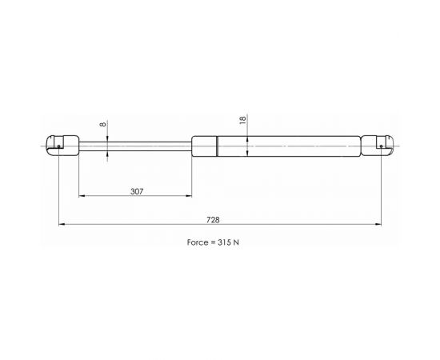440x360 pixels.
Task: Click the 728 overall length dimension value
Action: tap(213, 220)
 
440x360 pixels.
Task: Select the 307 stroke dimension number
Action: tap(137, 192)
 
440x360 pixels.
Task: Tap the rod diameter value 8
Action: tap(103, 124)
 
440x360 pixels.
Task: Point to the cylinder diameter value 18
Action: tap(242, 120)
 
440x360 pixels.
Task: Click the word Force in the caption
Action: tap(198, 242)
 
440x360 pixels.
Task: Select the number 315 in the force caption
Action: tap(224, 242)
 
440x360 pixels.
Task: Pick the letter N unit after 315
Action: tap(236, 242)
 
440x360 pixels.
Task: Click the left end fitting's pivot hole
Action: tap(58, 146)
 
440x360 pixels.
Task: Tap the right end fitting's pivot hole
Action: tap(381, 146)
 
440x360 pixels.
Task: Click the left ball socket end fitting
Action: tap(62, 146)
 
